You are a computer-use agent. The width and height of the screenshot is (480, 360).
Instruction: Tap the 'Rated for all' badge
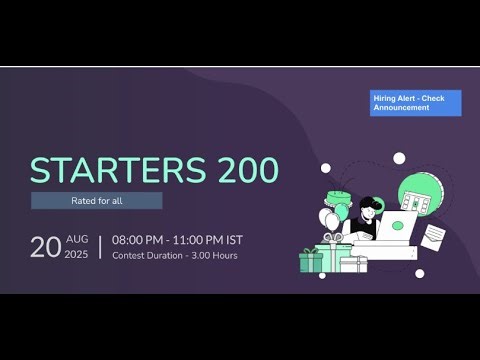coord(96,201)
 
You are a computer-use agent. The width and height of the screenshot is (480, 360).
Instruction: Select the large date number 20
coord(45,247)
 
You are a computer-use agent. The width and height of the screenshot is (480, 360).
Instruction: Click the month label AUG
coord(77,239)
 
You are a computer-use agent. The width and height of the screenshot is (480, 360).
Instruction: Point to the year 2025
coord(77,255)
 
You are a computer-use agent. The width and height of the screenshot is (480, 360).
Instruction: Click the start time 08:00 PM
coord(141,240)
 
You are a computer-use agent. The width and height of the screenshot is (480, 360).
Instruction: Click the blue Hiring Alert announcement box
coord(415,103)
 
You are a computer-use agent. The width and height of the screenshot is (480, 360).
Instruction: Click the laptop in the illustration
coord(398,224)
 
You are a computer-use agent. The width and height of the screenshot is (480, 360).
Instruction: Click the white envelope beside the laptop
coord(434,236)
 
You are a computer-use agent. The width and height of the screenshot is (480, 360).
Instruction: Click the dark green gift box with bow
coord(312,261)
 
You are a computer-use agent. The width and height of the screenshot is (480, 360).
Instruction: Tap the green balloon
coord(341,214)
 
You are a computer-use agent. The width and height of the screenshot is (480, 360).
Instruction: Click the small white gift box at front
coord(353,264)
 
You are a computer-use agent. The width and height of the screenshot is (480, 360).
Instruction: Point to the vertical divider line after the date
coord(100,247)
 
